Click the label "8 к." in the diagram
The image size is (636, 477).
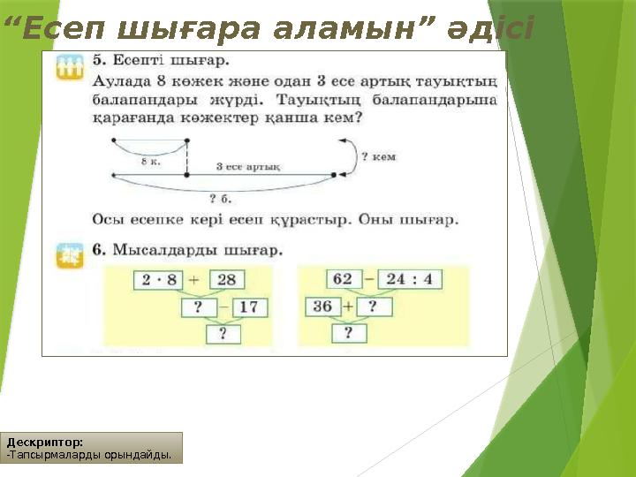pyautogui.click(x=150, y=161)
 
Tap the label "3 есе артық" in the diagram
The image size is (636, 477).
pyautogui.click(x=248, y=167)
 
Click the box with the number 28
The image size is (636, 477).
pyautogui.click(x=226, y=280)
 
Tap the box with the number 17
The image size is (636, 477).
pyautogui.click(x=250, y=307)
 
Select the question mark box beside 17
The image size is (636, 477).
pyautogui.click(x=198, y=307)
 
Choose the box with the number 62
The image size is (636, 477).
pyautogui.click(x=344, y=279)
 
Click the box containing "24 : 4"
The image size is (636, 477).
pyautogui.click(x=410, y=279)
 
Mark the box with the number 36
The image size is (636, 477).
pyautogui.click(x=322, y=307)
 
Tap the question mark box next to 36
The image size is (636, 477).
pyautogui.click(x=374, y=307)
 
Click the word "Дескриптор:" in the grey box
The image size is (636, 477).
pyautogui.click(x=45, y=441)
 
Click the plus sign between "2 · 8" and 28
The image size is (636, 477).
pyautogui.click(x=193, y=280)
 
